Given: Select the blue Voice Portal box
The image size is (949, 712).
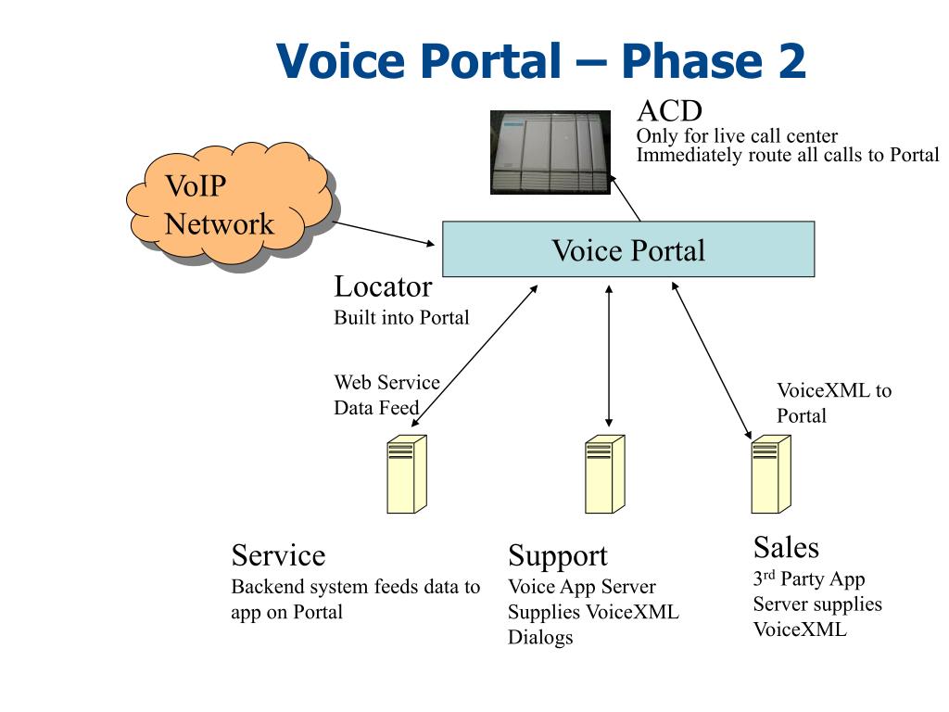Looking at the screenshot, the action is click(x=628, y=248).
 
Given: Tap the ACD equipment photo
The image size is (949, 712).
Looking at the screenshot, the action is click(x=550, y=152).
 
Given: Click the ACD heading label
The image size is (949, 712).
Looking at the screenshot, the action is click(x=669, y=111).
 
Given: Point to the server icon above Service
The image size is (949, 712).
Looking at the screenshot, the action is click(x=407, y=474).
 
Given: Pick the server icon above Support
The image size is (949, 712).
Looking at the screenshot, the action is click(x=604, y=474).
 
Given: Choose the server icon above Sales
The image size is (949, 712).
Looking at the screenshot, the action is click(x=771, y=474).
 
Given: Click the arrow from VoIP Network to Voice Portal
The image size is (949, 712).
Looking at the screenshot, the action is click(x=384, y=234).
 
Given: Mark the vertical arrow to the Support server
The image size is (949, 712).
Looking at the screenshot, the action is click(x=609, y=356).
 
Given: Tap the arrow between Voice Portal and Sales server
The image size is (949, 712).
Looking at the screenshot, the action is click(x=712, y=361).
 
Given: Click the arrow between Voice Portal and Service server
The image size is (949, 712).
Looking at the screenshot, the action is click(x=474, y=356).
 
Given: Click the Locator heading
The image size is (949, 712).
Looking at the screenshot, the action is click(x=383, y=287).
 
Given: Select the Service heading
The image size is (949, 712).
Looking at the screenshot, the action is click(x=278, y=555).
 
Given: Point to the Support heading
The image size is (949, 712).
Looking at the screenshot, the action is click(x=557, y=556).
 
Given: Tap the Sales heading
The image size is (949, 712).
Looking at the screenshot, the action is click(x=786, y=547).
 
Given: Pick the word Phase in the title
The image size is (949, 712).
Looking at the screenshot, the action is click(x=691, y=60).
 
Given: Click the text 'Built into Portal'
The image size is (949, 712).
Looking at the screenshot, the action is click(x=402, y=318).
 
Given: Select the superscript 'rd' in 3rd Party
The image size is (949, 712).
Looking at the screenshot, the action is click(x=768, y=574).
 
